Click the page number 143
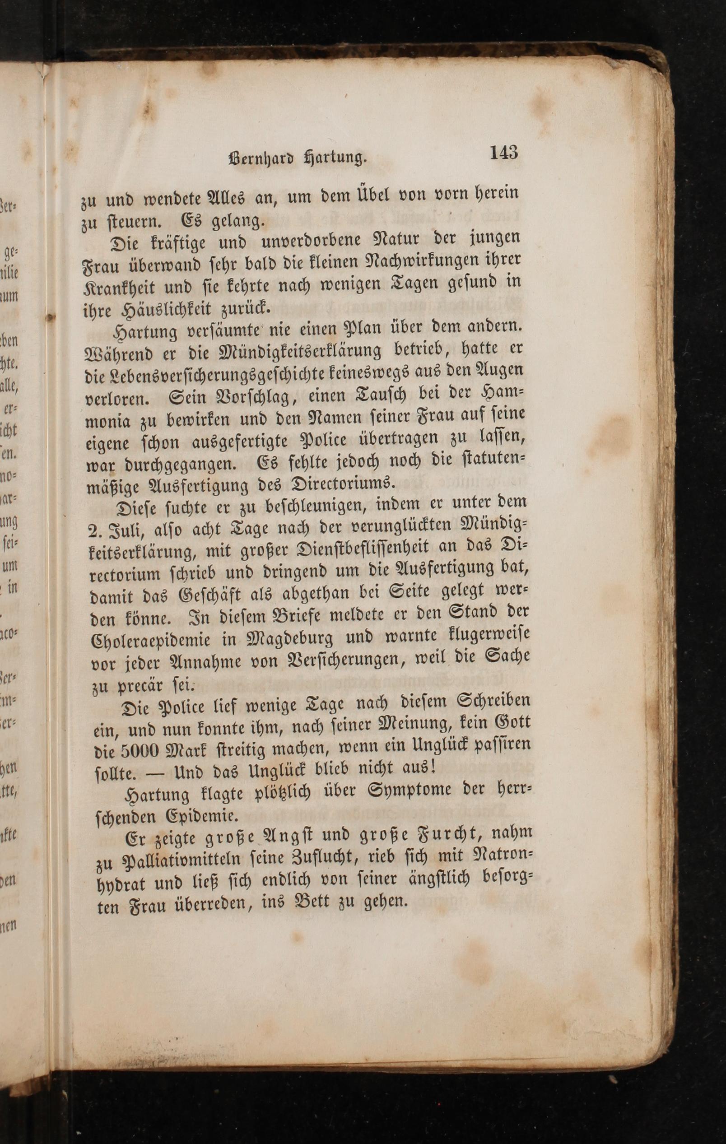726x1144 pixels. click(x=503, y=153)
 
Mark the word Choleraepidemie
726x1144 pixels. click(x=151, y=639)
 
